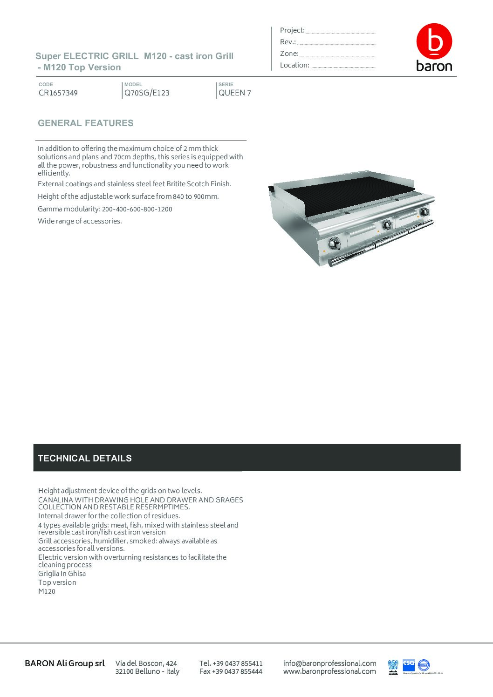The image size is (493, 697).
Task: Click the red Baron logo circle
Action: point(434,41)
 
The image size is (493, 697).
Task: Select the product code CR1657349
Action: point(58,93)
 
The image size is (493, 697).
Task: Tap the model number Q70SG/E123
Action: point(147,93)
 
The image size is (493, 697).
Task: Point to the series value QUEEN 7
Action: point(235,93)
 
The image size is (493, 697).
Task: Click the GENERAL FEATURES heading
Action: point(86,123)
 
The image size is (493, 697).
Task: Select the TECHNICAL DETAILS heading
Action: point(85,458)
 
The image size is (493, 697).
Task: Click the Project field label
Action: point(292,30)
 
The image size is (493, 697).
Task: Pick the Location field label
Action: point(294,65)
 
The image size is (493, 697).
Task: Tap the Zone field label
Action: point(289,54)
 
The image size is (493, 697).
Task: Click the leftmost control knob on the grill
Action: point(334,243)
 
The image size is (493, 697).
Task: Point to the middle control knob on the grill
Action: point(387,225)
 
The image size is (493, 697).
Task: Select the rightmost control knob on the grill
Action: point(424,212)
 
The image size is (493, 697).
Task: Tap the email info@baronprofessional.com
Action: point(329,663)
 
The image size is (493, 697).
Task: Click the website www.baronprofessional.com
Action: point(329,671)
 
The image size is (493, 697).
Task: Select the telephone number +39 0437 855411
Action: point(231,663)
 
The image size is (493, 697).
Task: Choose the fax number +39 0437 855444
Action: point(231,671)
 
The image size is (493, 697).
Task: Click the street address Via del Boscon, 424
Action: point(146,663)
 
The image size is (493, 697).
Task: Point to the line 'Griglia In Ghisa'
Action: point(62,574)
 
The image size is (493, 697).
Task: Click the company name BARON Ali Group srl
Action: point(65,663)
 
